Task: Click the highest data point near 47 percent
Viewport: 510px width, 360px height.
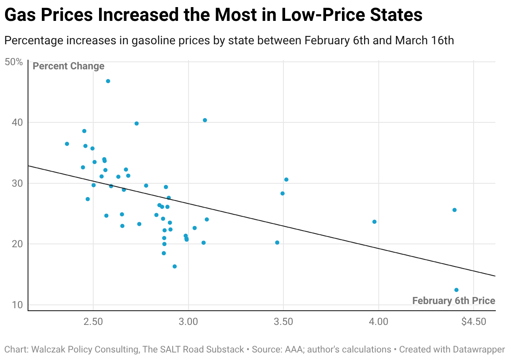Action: point(108,81)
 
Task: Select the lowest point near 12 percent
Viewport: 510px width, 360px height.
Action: point(456,290)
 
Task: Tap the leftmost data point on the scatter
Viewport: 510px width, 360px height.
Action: point(67,144)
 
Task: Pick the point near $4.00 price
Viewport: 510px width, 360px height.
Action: point(374,222)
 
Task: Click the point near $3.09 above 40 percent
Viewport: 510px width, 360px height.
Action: point(205,120)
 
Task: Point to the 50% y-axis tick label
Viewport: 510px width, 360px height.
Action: point(13,62)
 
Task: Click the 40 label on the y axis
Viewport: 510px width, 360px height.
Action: point(17,122)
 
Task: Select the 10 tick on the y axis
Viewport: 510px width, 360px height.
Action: point(17,305)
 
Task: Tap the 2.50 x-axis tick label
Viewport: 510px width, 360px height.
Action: point(93,322)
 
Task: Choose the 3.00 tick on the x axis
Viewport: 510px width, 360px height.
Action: point(188,322)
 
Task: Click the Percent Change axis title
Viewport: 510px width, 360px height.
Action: point(69,66)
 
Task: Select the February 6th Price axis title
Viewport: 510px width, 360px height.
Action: point(454,301)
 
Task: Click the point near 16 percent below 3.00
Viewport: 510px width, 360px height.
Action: point(175,266)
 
